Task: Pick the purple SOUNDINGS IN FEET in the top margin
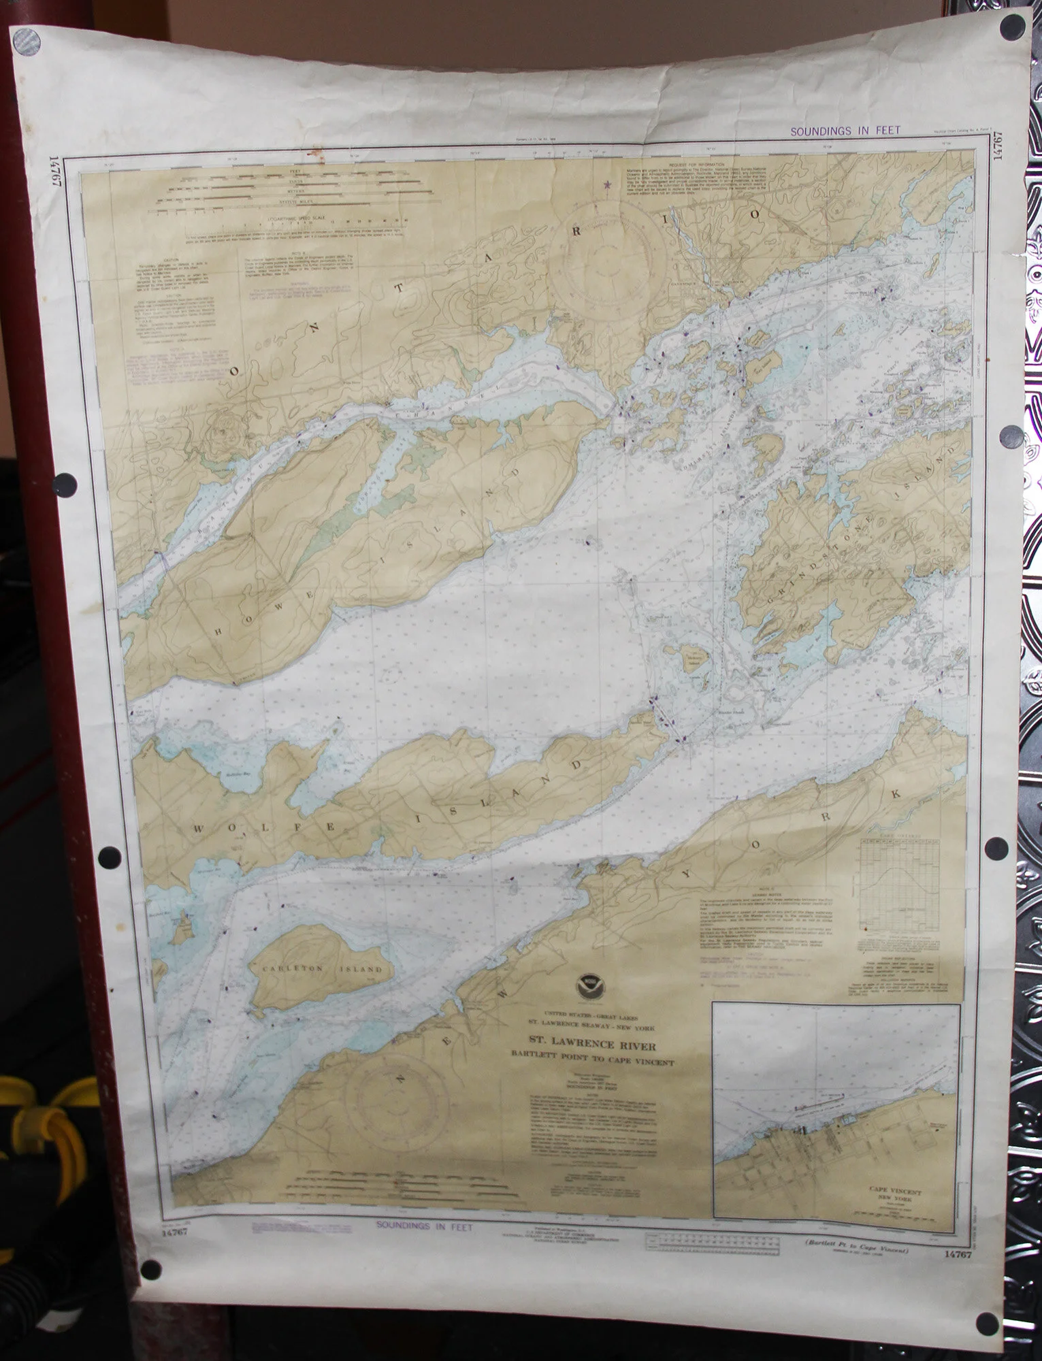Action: [x=845, y=131]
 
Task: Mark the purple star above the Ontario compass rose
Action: [x=606, y=183]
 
